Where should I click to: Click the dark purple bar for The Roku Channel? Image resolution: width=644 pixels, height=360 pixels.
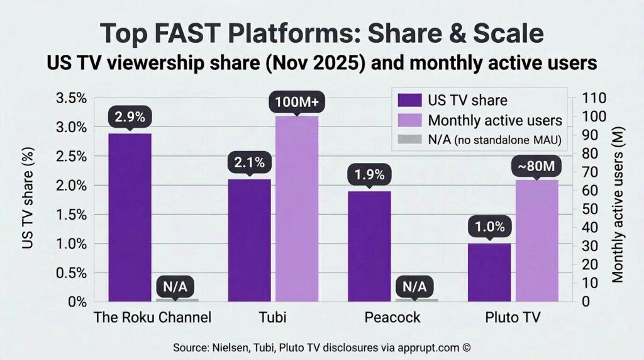tap(130, 217)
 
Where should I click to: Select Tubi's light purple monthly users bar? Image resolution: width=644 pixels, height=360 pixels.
tap(297, 208)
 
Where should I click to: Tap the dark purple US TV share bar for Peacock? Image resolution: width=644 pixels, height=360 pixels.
tap(369, 246)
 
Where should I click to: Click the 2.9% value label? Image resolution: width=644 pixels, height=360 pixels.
tap(130, 117)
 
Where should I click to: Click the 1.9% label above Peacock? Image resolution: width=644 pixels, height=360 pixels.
tap(369, 174)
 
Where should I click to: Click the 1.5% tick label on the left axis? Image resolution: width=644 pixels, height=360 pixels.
tap(71, 215)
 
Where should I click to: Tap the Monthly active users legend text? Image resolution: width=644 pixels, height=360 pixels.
tap(494, 120)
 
